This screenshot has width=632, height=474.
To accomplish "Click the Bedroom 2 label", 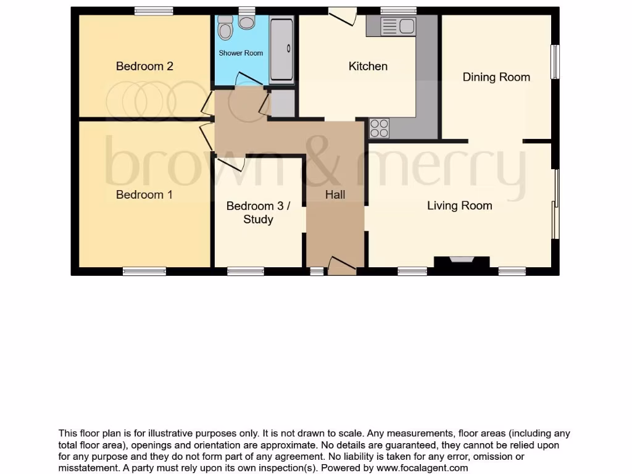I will tap(144, 66).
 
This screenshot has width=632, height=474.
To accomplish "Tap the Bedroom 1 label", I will tap(144, 194).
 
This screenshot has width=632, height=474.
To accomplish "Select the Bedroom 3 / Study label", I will tap(258, 212).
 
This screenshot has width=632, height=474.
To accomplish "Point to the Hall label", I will tap(335, 194).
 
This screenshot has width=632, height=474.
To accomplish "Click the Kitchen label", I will tap(368, 66).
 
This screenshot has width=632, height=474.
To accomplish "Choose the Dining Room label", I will tap(496, 77).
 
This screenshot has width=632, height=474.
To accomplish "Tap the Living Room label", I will tap(459, 206).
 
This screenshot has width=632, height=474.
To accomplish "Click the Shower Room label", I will tap(241, 53).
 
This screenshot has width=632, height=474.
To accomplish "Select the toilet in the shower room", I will tap(225, 30).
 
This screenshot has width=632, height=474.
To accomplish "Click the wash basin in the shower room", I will tap(247, 23).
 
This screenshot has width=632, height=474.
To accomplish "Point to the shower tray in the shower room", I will tap(282, 51).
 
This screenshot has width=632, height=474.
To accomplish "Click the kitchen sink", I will tap(399, 26).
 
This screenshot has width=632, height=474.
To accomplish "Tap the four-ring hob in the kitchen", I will tap(380, 128).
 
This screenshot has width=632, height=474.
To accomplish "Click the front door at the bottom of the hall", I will tap(341, 265).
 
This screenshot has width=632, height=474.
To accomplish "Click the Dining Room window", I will tap(555, 62).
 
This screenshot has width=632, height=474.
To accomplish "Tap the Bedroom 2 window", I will tap(154, 10).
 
